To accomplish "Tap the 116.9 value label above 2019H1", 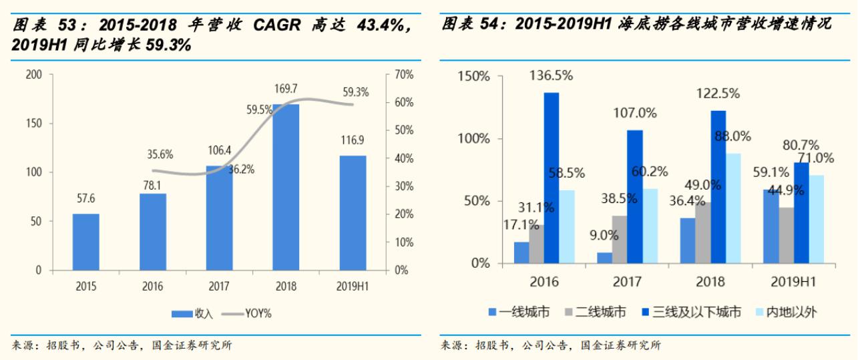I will click(353, 141).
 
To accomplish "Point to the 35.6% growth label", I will click(160, 154).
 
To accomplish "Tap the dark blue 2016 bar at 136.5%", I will click(552, 177).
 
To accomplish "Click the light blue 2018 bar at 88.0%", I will click(733, 208).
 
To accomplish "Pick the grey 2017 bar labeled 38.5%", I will click(620, 239).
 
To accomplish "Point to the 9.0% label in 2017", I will click(604, 236).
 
